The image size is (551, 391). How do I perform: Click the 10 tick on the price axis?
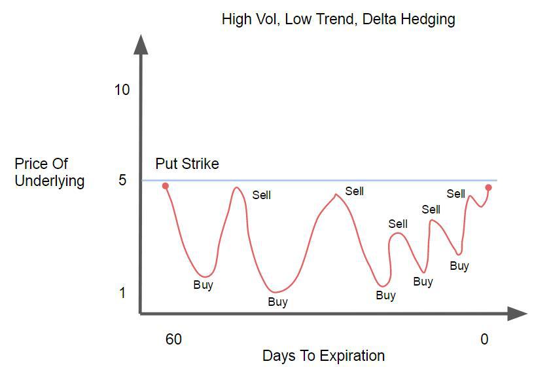coord(122,90)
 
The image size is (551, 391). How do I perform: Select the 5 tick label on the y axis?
coord(122,180)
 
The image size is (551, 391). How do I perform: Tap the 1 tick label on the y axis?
coord(122,293)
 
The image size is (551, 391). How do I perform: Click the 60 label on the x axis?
coord(173,339)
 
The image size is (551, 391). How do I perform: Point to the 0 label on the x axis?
coord(484,339)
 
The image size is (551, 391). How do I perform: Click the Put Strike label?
coord(187,164)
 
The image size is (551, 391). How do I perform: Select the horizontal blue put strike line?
coord(319,180)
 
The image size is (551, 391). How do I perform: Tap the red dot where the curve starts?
coord(166,186)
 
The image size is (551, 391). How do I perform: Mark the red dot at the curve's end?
coord(488,188)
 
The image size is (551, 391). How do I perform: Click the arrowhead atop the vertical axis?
coord(141,45)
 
